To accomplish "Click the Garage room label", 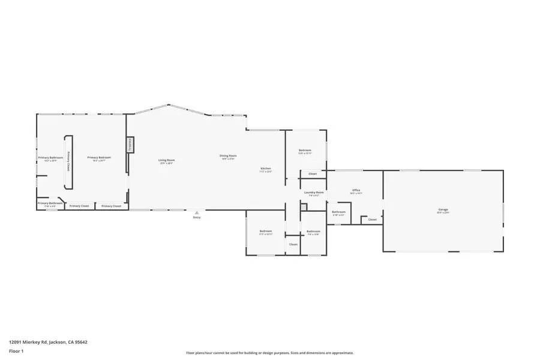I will click(x=443, y=209).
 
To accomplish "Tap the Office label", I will click(x=356, y=191).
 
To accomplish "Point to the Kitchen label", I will click(x=265, y=169).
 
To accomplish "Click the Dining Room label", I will click(x=229, y=156).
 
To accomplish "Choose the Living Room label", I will click(x=166, y=160).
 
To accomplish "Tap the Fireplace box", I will click(x=129, y=145).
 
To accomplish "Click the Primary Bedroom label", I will click(x=99, y=158).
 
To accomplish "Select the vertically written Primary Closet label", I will click(x=68, y=161).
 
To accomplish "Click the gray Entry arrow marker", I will click(x=197, y=212).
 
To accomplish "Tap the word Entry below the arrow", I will click(x=197, y=217).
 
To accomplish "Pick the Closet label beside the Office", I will click(x=372, y=220).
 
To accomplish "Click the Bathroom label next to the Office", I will click(x=338, y=212).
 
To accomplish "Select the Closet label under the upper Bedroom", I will click(x=313, y=174).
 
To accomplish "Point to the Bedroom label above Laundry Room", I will click(x=305, y=151).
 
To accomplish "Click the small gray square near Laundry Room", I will click(x=304, y=207).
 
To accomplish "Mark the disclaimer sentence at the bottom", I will click(x=269, y=353).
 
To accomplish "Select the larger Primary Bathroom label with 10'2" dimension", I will click(x=50, y=158).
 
